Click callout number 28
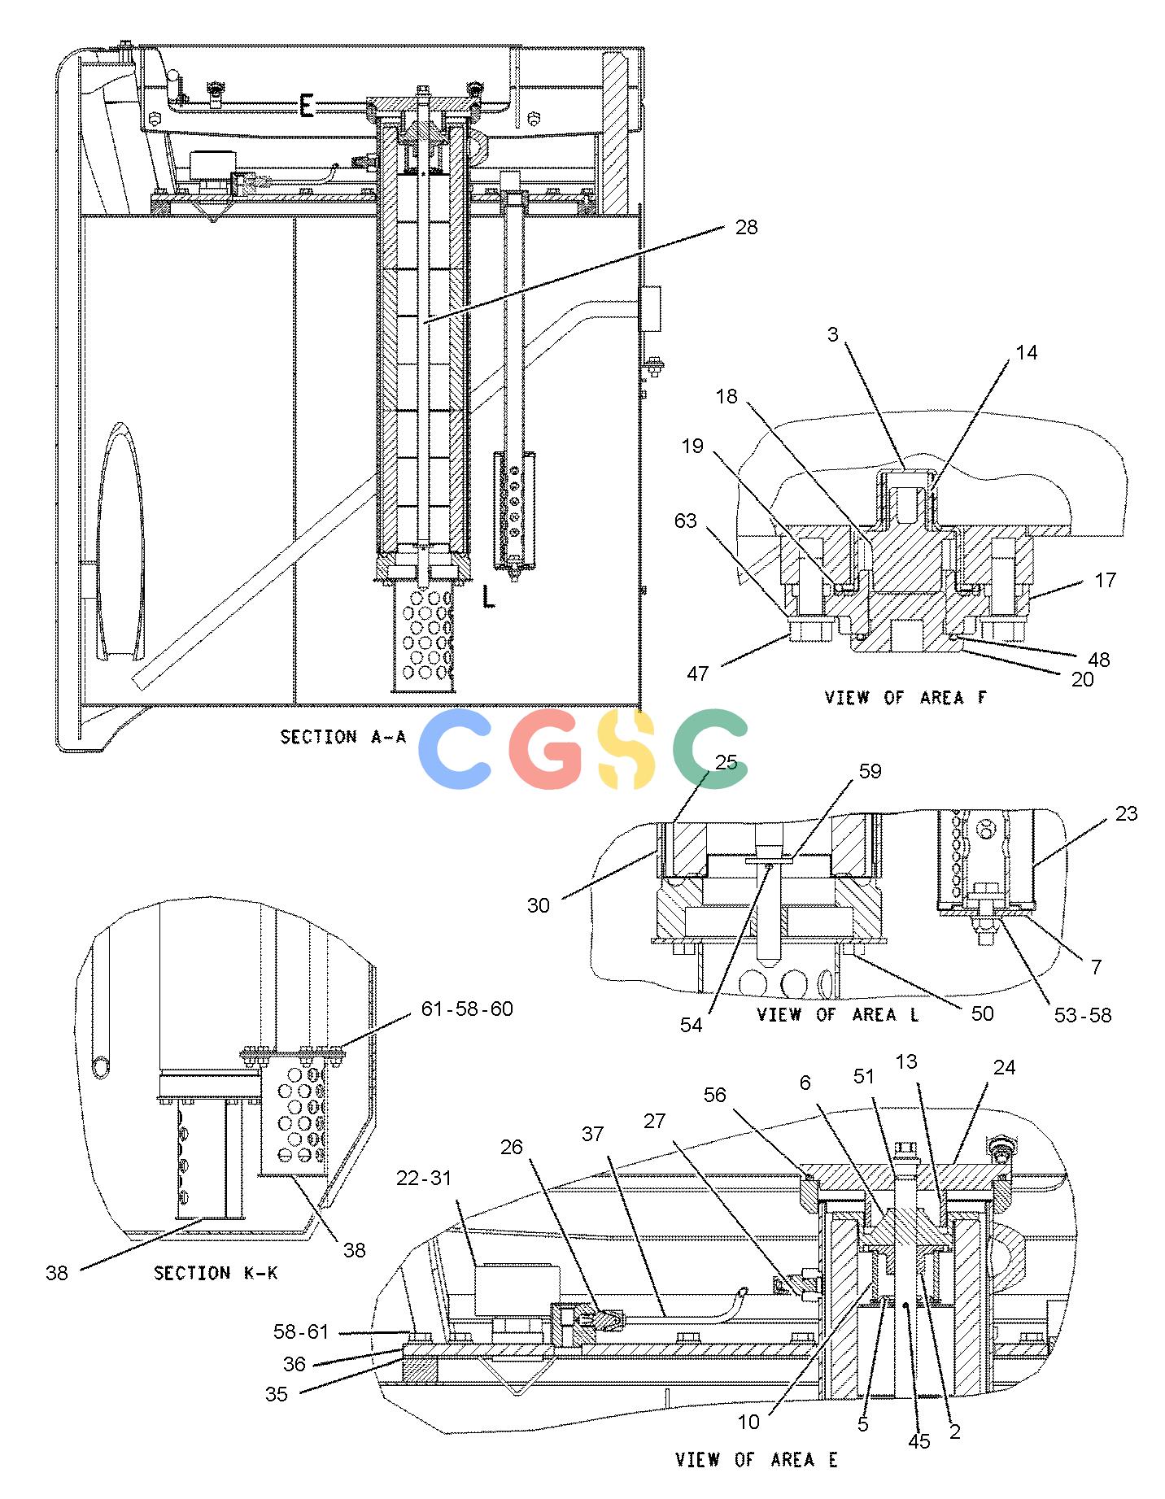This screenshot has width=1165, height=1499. click(x=745, y=227)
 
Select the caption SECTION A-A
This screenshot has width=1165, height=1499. click(x=343, y=737)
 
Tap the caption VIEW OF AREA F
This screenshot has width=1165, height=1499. click(x=905, y=697)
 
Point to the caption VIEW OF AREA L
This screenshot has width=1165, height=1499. click(x=838, y=1014)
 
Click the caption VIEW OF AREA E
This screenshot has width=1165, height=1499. click(x=757, y=1459)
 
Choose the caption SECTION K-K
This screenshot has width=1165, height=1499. click(x=216, y=1272)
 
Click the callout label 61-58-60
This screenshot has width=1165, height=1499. click(x=466, y=1009)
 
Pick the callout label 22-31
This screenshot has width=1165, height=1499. click(x=424, y=1177)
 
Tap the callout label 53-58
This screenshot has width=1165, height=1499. click(x=1084, y=1014)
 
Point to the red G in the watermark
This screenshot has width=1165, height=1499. click(x=547, y=749)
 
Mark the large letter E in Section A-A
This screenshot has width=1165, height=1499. click(x=307, y=106)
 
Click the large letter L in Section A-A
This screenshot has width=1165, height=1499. click(x=487, y=597)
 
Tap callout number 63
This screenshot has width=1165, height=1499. click(x=686, y=520)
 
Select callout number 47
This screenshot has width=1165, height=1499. click(x=698, y=673)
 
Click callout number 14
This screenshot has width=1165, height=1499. click(x=1027, y=352)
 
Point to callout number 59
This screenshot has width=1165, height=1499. click(x=870, y=770)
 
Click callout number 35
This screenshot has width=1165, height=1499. click(x=277, y=1394)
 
